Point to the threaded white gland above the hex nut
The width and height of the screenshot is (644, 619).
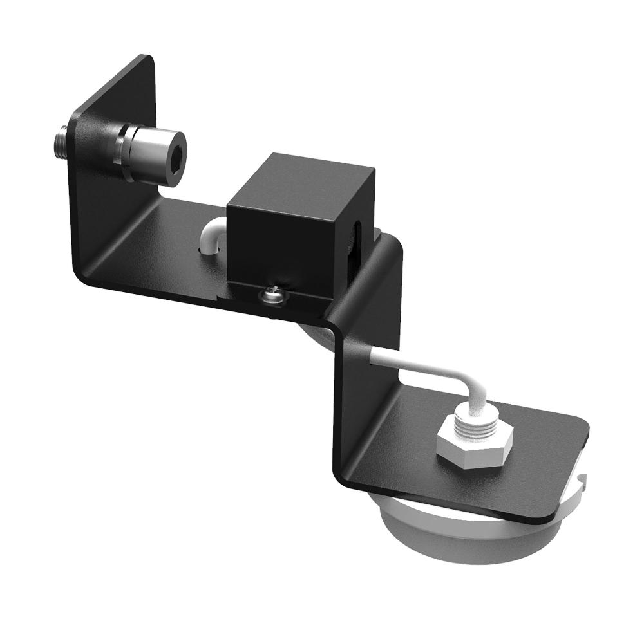pyautogui.click(x=480, y=418)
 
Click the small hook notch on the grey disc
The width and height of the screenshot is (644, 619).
pyautogui.click(x=583, y=479)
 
